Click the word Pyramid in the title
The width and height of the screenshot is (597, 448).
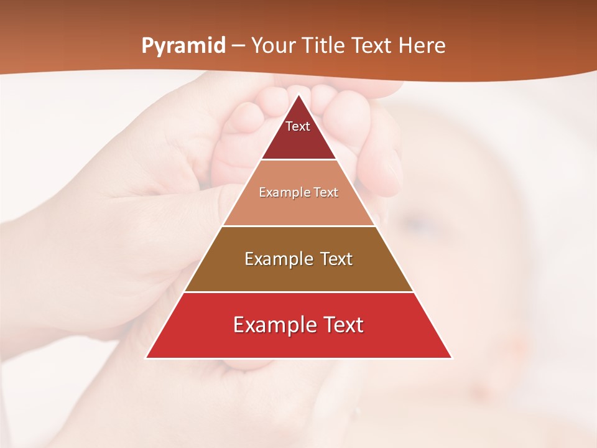click(x=183, y=46)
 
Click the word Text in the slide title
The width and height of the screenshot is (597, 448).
click(x=374, y=45)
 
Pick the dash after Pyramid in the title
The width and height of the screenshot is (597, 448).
click(x=238, y=46)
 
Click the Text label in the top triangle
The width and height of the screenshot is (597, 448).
click(x=298, y=126)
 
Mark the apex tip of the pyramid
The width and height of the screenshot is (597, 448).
click(x=298, y=95)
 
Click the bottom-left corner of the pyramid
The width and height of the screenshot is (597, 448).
click(x=147, y=357)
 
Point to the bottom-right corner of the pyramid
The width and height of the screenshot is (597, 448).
click(x=451, y=357)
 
